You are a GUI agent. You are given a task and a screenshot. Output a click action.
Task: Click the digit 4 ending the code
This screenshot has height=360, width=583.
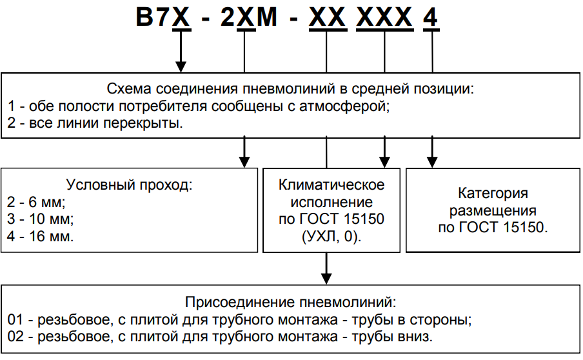click(430, 17)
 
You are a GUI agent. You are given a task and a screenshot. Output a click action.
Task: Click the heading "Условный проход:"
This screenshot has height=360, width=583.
click(130, 186)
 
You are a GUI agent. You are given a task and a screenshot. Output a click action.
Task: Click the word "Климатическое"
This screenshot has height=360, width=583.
click(331, 185)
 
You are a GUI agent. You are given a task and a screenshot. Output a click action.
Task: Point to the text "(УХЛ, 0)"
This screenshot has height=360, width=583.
click(331, 237)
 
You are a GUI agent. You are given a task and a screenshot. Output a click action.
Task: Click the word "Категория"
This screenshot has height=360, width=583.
click(493, 193)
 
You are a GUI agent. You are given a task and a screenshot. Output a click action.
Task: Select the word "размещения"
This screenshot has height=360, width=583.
click(493, 210)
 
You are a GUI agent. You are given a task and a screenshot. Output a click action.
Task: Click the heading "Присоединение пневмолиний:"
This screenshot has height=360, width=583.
click(290, 302)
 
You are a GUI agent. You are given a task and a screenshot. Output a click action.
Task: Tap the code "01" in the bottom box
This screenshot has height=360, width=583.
click(15, 319)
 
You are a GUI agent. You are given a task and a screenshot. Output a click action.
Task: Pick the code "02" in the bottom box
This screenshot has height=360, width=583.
click(15, 336)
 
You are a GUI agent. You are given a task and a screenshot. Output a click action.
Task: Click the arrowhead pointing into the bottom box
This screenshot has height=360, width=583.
click(327, 276)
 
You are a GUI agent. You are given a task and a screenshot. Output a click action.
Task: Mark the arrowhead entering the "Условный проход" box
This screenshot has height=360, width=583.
click(244, 161)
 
